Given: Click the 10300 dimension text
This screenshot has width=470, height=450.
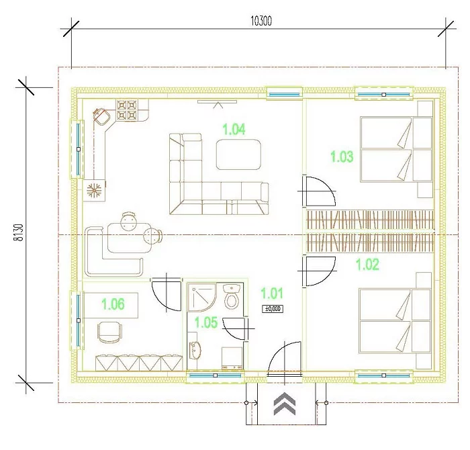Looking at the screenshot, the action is point(261,21).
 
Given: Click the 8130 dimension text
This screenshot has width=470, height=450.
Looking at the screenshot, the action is point(19,232).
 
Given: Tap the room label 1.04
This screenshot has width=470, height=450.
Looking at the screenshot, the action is point(234,129).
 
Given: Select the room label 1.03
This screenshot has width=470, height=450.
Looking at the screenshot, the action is point(342,156).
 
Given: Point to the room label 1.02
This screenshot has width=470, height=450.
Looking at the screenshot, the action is point(367,265).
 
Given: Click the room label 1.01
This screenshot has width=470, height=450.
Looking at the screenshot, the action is point(272,294).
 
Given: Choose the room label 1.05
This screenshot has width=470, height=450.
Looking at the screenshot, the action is point(206,322).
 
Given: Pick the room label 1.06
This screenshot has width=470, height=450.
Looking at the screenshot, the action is point(113,304).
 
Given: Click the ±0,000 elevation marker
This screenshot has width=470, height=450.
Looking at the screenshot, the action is point(273,309).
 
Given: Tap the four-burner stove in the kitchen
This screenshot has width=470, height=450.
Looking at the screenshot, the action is point(127,109).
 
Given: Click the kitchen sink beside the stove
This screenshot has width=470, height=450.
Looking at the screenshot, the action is point(101,117).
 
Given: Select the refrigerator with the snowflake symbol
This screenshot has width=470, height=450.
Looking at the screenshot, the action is point(94,190).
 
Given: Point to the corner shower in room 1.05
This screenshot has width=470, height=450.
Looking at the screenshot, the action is point(201,297).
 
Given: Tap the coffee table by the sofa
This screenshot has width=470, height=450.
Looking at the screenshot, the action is point(238,154).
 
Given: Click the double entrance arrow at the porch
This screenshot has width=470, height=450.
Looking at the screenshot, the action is point(285,403).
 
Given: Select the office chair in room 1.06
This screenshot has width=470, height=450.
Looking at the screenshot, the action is point(110,332).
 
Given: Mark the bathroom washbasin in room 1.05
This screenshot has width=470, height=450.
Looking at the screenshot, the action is point(195,351).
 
